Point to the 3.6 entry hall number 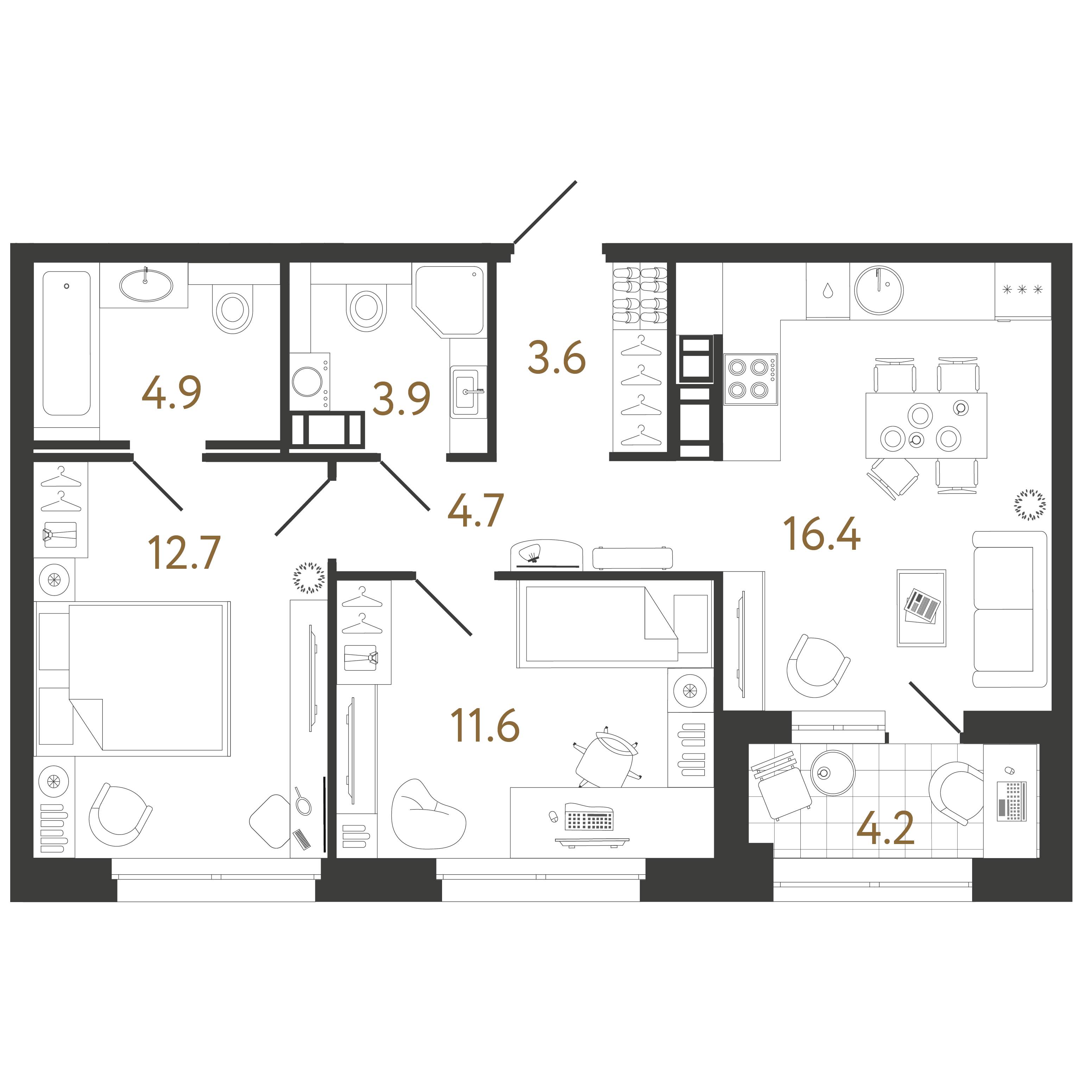click(x=557, y=357)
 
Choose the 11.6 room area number click(x=485, y=725)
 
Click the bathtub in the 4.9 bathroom click(x=67, y=343)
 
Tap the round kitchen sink click(x=879, y=290)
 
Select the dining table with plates click(x=926, y=426)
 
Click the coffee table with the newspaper click(x=921, y=608)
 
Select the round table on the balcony click(x=833, y=773)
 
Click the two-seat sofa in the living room click(x=1009, y=609)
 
